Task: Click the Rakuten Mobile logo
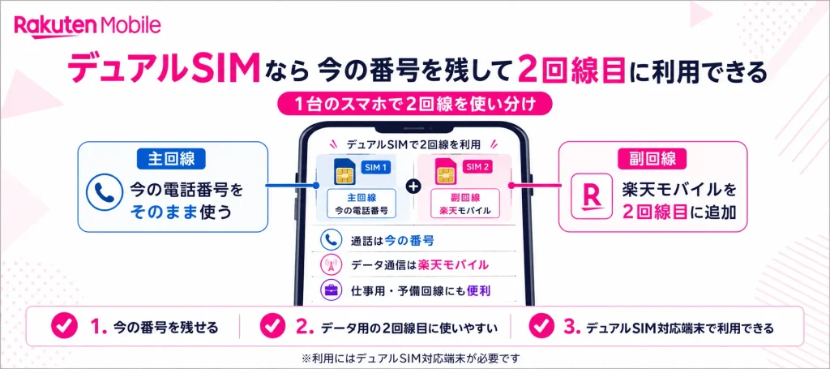[88, 25]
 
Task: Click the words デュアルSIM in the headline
[164, 69]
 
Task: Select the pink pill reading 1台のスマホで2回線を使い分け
[415, 103]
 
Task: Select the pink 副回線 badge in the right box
[653, 159]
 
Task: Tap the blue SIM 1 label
[378, 168]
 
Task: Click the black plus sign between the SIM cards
[415, 186]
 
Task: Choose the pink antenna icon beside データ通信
[329, 264]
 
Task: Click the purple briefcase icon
[329, 290]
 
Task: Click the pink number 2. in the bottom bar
[305, 328]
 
